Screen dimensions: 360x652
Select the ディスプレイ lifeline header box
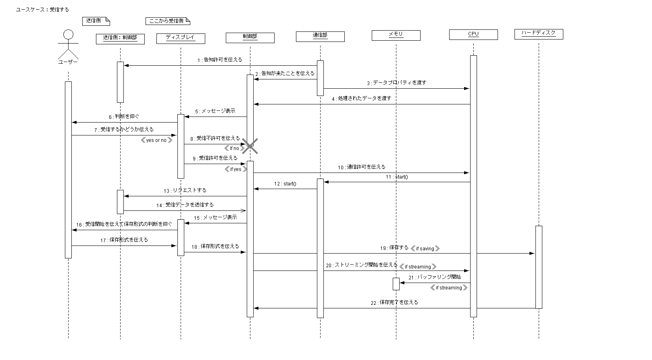tap(181, 38)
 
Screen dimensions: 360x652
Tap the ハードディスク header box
tap(538, 34)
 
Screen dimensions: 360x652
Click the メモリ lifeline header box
tap(396, 35)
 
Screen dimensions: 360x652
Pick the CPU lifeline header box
tap(473, 35)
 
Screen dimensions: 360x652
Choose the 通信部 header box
tap(320, 36)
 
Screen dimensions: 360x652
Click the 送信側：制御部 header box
tap(120, 38)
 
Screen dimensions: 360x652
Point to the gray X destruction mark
tap(250, 146)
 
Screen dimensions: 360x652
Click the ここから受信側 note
tap(167, 21)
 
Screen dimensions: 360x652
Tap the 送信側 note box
tap(96, 21)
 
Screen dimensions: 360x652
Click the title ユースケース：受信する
tap(42, 10)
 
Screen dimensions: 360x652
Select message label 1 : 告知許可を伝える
tap(220, 60)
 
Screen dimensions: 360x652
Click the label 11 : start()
tap(396, 177)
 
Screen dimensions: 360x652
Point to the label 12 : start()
tap(285, 184)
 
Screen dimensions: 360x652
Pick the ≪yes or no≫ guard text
tap(156, 140)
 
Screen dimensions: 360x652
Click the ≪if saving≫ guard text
tap(425, 249)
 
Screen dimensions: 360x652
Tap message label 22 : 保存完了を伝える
tap(394, 302)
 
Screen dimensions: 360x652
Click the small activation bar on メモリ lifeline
tap(396, 284)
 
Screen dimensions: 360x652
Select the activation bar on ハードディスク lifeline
tap(539, 267)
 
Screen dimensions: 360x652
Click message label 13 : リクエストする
tap(185, 190)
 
